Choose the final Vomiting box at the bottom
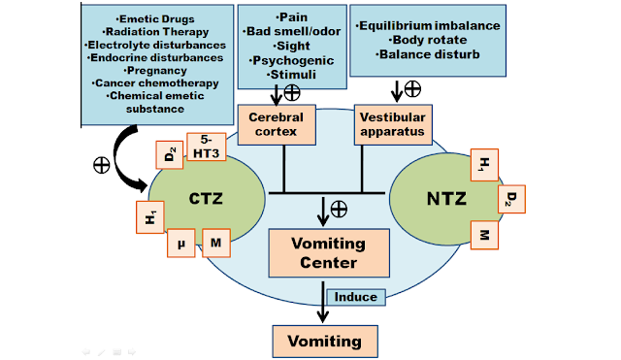pos(323,341)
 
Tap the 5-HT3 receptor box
pos(206,146)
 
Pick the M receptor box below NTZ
pos(482,234)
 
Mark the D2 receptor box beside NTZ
pos(510,199)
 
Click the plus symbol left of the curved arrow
pos(101,164)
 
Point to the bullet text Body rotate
pos(432,40)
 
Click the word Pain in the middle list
pos(291,17)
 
